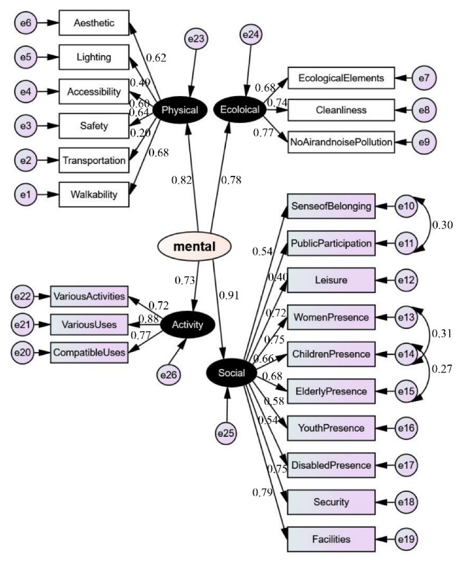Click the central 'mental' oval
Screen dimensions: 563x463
pos(194,247)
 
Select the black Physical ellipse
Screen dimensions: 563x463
pos(179,110)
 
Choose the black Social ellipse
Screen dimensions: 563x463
pos(231,373)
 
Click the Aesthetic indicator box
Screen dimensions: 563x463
pos(94,23)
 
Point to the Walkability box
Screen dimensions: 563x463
pos(94,195)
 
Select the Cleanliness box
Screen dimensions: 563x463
pos(341,110)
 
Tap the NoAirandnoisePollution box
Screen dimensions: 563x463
pos(341,141)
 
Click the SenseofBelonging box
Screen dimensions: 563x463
pos(331,206)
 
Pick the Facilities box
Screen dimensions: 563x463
pos(331,540)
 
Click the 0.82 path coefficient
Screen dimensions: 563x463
pos(182,180)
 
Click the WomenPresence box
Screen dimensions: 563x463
pos(331,317)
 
